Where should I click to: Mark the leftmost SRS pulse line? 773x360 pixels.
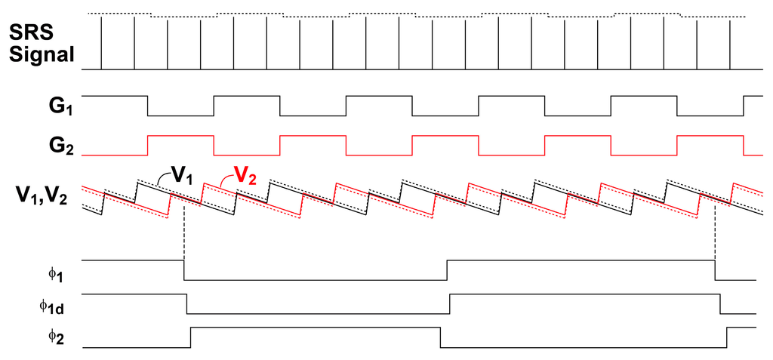click(102, 43)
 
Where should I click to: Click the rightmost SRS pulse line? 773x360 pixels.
click(730, 43)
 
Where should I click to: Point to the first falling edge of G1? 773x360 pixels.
click(147, 106)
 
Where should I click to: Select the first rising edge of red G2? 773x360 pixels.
click(147, 144)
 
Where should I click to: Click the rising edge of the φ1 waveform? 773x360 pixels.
click(447, 269)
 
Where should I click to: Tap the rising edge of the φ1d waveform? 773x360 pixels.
click(450, 303)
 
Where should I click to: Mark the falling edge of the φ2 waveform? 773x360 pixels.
click(440, 337)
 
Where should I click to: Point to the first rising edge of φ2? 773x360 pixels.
click(190, 337)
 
